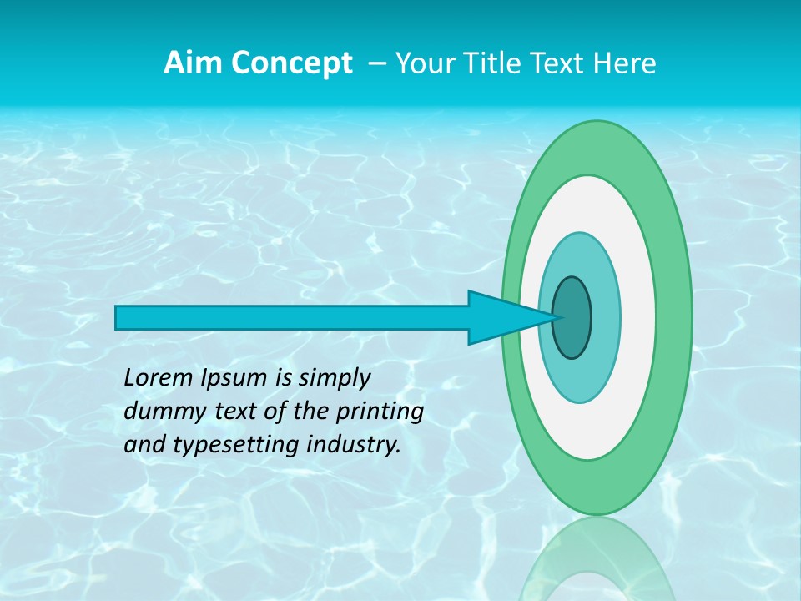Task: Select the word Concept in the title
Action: pos(292,63)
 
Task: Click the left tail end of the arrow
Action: pos(118,317)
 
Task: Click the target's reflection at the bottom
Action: pos(597,559)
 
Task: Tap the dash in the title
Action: pos(376,63)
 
